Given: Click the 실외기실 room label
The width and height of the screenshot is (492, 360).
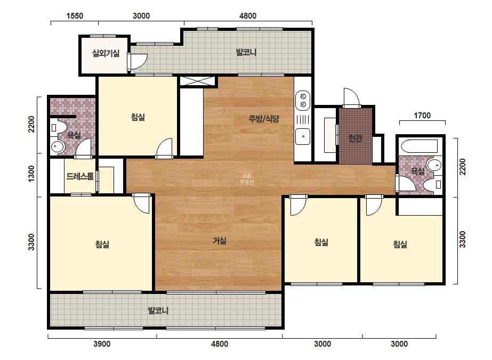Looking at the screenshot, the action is coord(106,53).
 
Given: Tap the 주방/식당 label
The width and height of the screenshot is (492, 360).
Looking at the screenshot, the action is coord(263,119).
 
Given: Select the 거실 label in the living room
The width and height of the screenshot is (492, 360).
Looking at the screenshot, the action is coord(220,241).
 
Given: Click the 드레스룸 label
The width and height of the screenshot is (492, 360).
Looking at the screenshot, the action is coord(80,176).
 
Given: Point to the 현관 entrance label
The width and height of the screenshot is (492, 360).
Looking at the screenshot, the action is coord(356,138).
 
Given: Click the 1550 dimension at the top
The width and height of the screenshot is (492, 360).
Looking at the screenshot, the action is coord(75,15).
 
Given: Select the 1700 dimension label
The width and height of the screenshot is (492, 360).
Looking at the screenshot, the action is coord(422,116).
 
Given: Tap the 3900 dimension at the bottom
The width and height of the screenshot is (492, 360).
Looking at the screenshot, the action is coord(102,344).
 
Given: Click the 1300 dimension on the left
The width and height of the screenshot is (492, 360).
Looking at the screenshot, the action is coord(31,174).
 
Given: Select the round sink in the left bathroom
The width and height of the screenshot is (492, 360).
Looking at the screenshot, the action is coord(58,146).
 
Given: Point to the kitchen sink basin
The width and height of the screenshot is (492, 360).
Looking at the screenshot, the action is coord(303,136).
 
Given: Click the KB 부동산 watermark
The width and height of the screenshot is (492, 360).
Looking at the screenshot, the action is coord(247,179).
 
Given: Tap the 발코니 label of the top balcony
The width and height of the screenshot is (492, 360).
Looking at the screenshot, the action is coord(246,52).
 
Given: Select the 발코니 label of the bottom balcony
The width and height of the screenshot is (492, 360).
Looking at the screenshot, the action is coord(158,310).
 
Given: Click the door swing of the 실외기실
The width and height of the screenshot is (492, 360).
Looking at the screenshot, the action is coord(138,61).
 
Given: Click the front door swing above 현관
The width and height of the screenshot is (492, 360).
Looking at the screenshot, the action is coord(351,97).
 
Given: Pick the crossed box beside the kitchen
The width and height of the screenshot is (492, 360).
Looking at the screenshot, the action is coord(197,81).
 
